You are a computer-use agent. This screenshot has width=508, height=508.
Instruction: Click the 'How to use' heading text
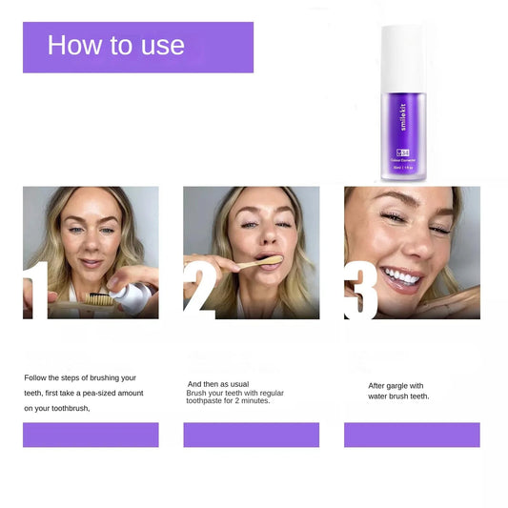click(x=115, y=46)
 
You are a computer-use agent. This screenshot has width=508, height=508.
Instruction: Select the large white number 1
click(x=36, y=284)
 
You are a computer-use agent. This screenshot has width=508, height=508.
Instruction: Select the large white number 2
click(x=199, y=284)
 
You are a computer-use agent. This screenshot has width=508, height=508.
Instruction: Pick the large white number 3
click(x=361, y=284)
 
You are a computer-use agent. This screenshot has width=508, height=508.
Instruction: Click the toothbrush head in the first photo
click(x=95, y=297)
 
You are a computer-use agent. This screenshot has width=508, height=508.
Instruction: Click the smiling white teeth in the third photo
click(x=401, y=277)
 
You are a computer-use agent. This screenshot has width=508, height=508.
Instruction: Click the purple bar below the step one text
click(x=91, y=435)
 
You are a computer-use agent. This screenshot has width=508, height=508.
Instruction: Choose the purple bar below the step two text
click(x=252, y=435)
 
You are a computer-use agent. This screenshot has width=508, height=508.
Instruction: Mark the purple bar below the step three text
click(x=412, y=435)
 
